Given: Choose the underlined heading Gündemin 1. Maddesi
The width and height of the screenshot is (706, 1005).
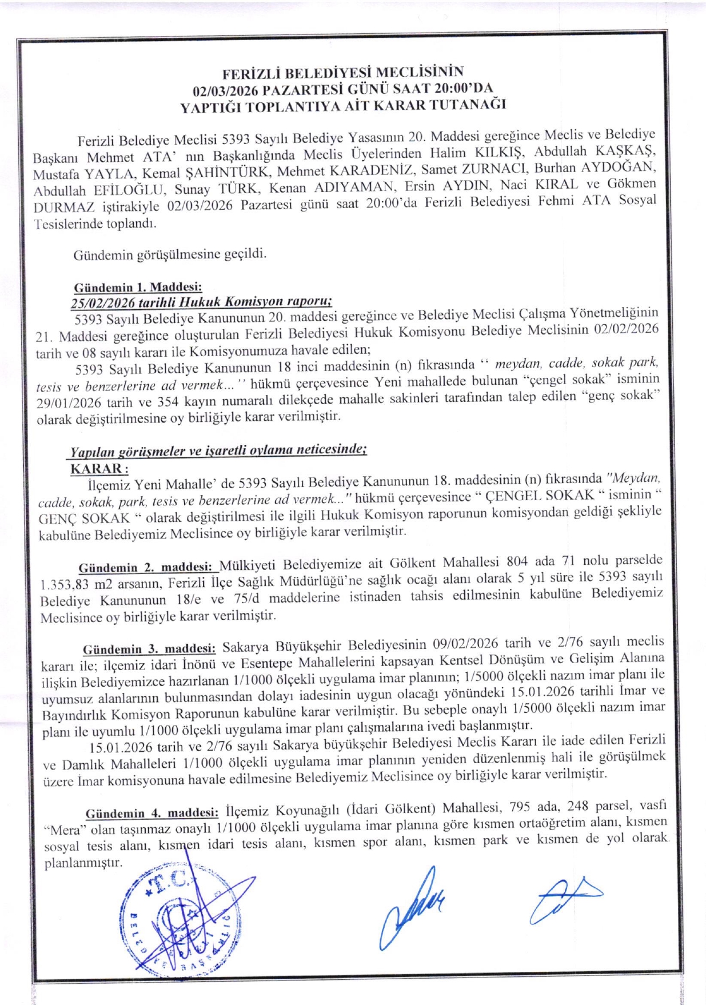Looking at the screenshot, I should point(138,287).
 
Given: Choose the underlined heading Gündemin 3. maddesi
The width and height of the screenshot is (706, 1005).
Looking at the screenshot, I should point(149,649).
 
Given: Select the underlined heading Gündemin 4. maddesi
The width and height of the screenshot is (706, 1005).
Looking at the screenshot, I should point(151,813).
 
